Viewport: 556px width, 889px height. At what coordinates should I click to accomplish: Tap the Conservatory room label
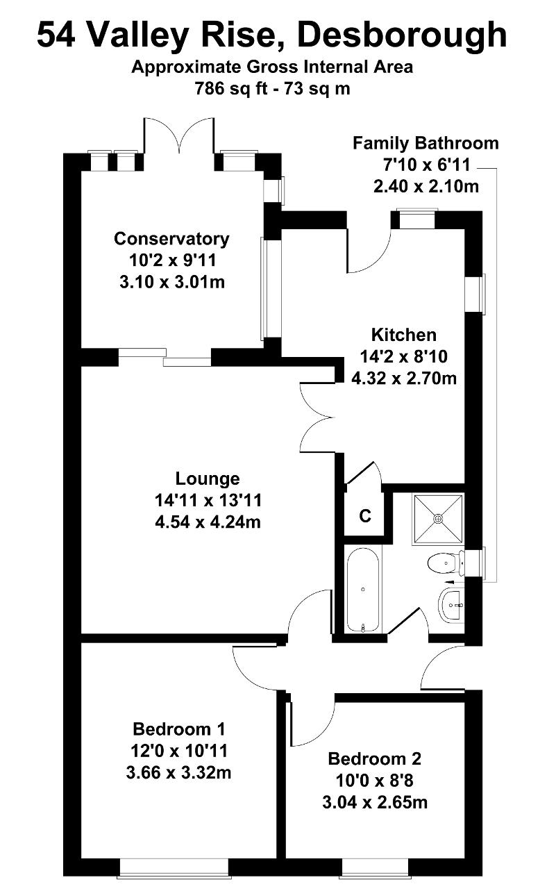point(171,239)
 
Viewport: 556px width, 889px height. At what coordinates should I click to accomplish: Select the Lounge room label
point(208,479)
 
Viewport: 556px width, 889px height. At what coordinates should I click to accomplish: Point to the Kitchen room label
point(403,335)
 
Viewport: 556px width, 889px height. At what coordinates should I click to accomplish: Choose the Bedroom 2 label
point(375,758)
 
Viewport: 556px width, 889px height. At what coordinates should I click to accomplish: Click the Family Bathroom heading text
point(426,144)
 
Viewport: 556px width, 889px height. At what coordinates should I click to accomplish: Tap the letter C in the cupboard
point(365,516)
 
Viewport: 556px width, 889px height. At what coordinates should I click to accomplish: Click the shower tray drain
point(438,518)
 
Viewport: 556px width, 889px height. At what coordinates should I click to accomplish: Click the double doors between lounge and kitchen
point(317,417)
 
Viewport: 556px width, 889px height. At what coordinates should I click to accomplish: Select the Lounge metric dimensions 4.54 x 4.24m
point(208,521)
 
